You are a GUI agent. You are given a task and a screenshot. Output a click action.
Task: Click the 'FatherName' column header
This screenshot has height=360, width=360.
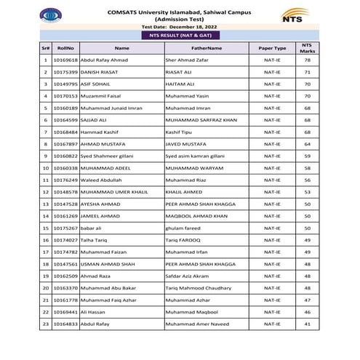(x=207, y=47)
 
